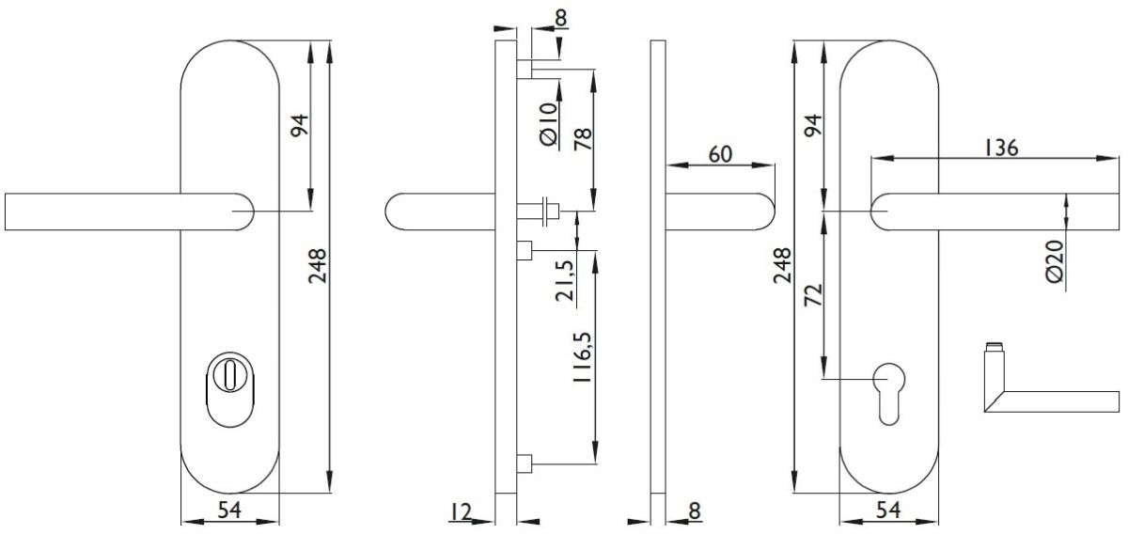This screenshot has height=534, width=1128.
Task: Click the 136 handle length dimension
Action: [x=1001, y=149]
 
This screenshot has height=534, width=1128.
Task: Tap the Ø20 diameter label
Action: [x=1054, y=261]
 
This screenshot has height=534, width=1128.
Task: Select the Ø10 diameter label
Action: [x=548, y=124]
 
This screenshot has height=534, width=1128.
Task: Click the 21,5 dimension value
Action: [x=565, y=280]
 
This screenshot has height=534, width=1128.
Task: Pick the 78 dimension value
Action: [x=583, y=139]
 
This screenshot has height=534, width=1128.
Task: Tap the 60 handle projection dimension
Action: [x=721, y=154]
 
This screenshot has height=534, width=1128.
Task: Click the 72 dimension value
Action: [x=813, y=295]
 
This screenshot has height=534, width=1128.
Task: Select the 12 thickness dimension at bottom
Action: [x=461, y=511]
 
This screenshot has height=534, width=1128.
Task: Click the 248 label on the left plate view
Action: [x=318, y=266]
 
